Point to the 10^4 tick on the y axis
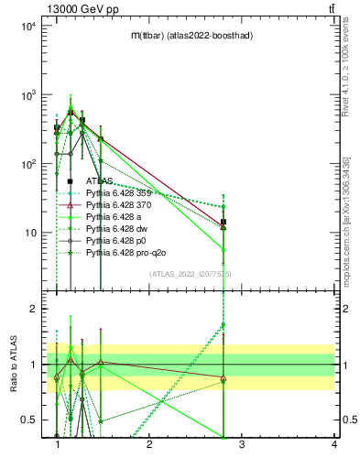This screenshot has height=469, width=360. point(27,26)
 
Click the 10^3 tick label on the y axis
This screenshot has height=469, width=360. point(27,95)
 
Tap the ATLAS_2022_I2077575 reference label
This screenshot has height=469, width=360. point(191,275)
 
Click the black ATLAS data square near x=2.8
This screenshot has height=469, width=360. point(224,222)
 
